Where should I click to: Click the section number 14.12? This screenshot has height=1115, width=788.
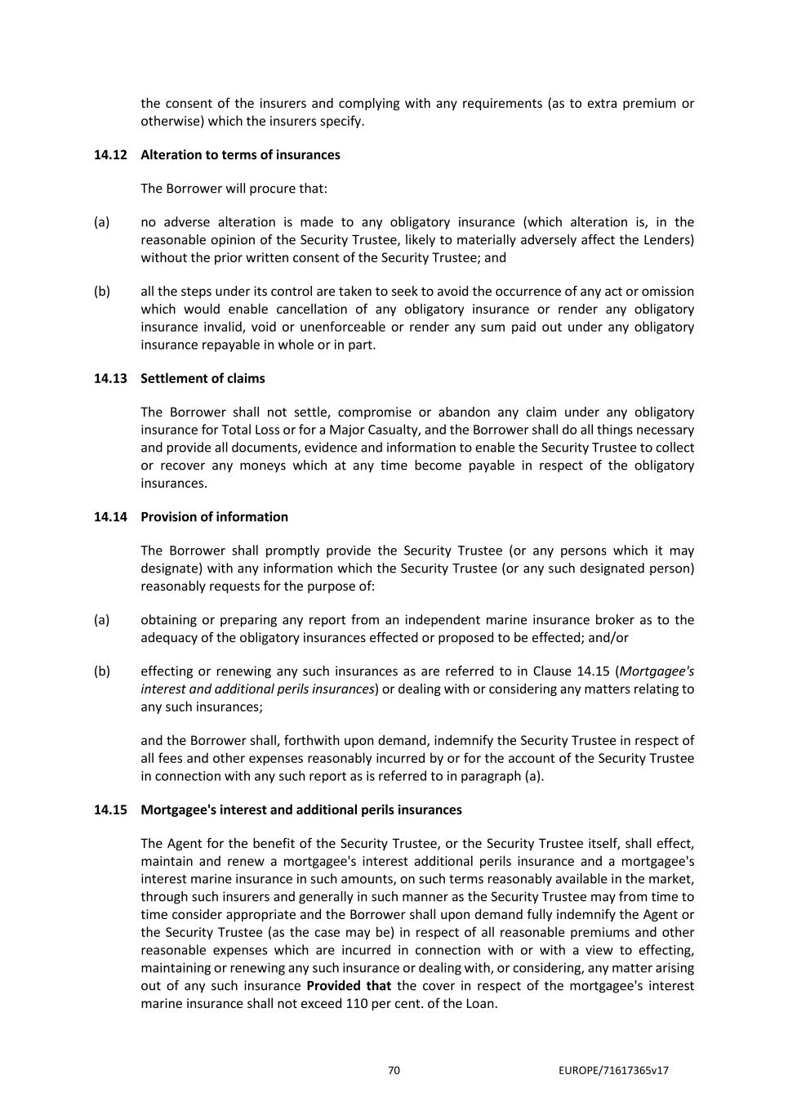click(x=110, y=155)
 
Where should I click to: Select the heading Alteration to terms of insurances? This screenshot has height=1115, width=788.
click(x=240, y=155)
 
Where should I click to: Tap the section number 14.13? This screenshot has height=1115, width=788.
click(x=110, y=379)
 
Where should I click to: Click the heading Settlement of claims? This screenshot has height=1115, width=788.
click(x=203, y=379)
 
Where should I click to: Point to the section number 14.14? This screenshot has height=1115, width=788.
click(x=110, y=517)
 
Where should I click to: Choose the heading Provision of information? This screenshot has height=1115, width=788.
click(x=214, y=517)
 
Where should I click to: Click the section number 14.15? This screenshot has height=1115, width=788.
click(x=110, y=810)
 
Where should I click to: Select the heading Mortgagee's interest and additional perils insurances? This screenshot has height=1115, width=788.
click(x=301, y=810)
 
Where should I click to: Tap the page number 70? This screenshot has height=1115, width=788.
click(x=394, y=1071)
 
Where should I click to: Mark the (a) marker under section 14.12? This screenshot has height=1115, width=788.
click(x=101, y=222)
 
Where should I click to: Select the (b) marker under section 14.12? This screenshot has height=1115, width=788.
click(x=101, y=292)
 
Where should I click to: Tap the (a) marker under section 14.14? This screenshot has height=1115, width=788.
click(x=101, y=620)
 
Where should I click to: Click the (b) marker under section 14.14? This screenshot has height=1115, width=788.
click(x=101, y=671)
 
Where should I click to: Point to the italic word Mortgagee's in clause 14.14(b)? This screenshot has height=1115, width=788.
click(x=657, y=671)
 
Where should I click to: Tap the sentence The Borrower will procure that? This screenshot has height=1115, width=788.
click(x=234, y=189)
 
